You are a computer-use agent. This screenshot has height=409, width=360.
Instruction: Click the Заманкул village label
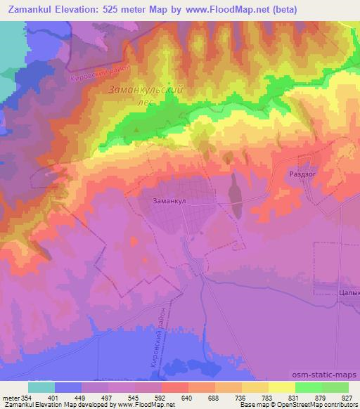click(168, 200)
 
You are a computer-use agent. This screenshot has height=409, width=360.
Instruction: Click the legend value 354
click(27, 398)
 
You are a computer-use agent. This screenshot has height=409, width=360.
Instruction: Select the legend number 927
click(346, 398)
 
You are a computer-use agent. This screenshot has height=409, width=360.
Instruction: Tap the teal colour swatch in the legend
click(41, 387)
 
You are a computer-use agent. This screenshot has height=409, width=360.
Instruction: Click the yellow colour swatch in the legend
click(281, 387)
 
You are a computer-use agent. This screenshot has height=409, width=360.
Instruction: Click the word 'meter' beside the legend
click(11, 398)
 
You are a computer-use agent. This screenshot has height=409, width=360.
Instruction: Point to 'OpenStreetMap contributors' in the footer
click(314, 405)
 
